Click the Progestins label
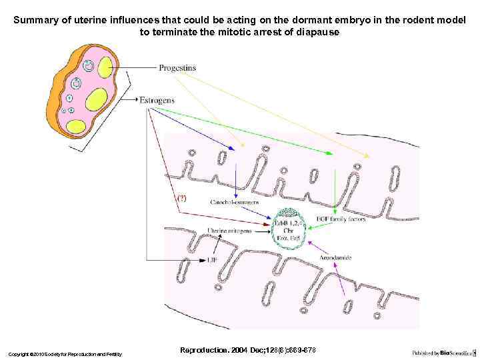177,67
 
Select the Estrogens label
157,100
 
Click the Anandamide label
336,257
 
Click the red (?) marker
181,198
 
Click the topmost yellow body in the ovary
105,67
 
